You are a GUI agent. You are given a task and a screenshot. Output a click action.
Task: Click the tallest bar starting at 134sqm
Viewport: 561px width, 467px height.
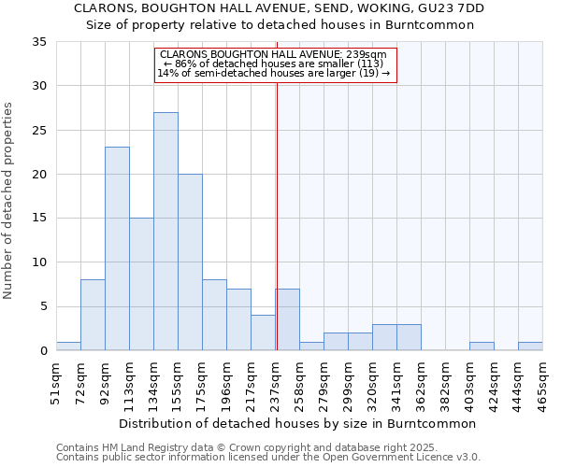pos(165,232)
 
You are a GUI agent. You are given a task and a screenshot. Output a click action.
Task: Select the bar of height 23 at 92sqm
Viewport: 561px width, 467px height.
pos(117,248)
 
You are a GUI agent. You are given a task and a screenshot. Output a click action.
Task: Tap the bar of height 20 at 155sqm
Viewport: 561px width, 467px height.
pos(190,262)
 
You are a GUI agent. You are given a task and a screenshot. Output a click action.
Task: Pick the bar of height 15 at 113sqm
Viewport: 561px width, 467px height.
pos(141,284)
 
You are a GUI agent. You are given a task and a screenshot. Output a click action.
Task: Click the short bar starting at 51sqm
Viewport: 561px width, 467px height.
pos(68,346)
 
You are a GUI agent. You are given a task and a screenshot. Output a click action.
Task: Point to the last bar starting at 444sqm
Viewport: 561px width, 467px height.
pos(530,346)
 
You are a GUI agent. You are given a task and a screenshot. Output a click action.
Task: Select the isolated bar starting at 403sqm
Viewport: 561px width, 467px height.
pos(482,346)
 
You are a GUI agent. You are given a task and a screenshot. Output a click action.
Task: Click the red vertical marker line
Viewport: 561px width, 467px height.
pos(277,215)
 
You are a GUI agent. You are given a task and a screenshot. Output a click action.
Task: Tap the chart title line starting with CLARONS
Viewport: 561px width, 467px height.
pos(280,8)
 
